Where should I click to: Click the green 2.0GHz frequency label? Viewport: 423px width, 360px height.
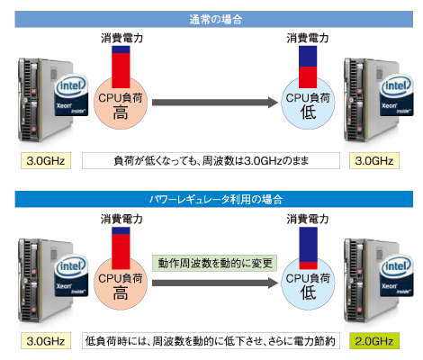pyautogui.click(x=374, y=341)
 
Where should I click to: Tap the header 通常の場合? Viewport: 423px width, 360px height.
pyautogui.click(x=214, y=20)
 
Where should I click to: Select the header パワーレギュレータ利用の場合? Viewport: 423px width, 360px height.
pyautogui.click(x=214, y=199)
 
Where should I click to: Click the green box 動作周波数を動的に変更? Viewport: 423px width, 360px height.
pyautogui.click(x=214, y=263)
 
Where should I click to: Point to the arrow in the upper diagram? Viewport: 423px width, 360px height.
pyautogui.click(x=215, y=103)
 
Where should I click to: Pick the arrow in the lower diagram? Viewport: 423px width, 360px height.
pyautogui.click(x=215, y=283)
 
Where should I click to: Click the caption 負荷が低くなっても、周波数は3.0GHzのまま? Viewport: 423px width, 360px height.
pyautogui.click(x=211, y=161)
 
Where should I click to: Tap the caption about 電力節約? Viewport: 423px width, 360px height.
pyautogui.click(x=211, y=341)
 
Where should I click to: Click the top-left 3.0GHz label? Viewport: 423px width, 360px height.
pyautogui.click(x=46, y=161)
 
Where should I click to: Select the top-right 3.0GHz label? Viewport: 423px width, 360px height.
pyautogui.click(x=374, y=161)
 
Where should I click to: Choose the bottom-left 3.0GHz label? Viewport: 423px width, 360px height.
pyautogui.click(x=46, y=341)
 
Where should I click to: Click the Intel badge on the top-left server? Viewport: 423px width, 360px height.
pyautogui.click(x=71, y=94)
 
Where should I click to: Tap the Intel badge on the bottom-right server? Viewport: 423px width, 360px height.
pyautogui.click(x=397, y=275)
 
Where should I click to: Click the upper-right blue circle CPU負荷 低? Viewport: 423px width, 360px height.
pyautogui.click(x=308, y=103)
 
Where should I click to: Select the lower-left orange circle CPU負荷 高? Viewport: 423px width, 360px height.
pyautogui.click(x=121, y=283)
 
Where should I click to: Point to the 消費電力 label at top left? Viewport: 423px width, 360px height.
pyautogui.click(x=121, y=38)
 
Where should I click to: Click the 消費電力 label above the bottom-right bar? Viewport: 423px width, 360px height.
pyautogui.click(x=308, y=219)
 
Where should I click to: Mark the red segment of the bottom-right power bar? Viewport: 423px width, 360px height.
pyautogui.click(x=308, y=265)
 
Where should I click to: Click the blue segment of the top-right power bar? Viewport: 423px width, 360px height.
pyautogui.click(x=308, y=56)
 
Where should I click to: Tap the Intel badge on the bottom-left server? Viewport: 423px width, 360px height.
pyautogui.click(x=71, y=275)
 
